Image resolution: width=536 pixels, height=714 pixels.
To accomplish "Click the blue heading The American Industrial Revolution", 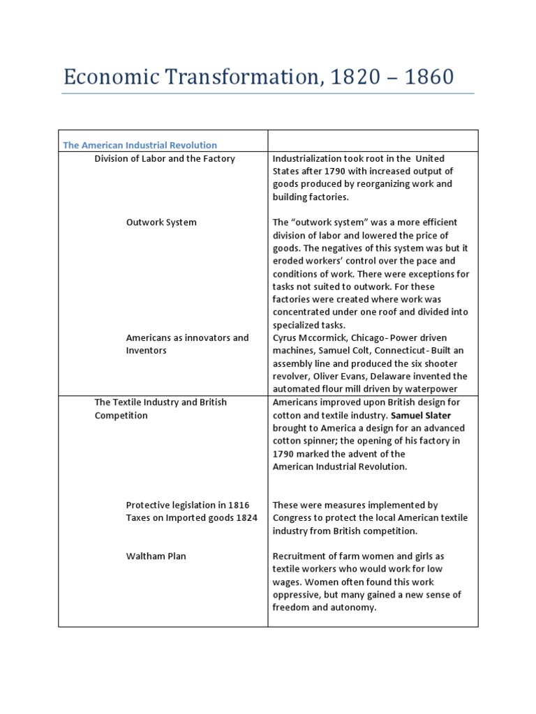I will point(140,145).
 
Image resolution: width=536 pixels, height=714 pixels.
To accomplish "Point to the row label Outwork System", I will point(161,222).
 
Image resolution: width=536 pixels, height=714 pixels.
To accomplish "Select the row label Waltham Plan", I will point(156,556).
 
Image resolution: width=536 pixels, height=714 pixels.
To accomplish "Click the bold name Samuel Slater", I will point(420,416).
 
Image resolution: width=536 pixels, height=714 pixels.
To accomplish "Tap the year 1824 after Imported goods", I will point(245,517).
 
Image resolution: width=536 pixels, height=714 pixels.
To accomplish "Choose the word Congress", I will point(295,517).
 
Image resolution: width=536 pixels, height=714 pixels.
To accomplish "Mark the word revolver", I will point(291,377).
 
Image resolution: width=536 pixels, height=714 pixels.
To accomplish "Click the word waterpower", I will point(434,389).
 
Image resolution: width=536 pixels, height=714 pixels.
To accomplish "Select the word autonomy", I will point(353,607).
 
